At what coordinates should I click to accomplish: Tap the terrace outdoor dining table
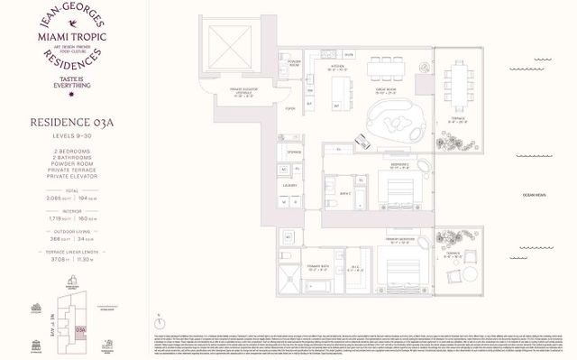[461, 92]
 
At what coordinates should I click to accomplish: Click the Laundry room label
[289, 185]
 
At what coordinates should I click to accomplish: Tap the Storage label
[295, 152]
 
